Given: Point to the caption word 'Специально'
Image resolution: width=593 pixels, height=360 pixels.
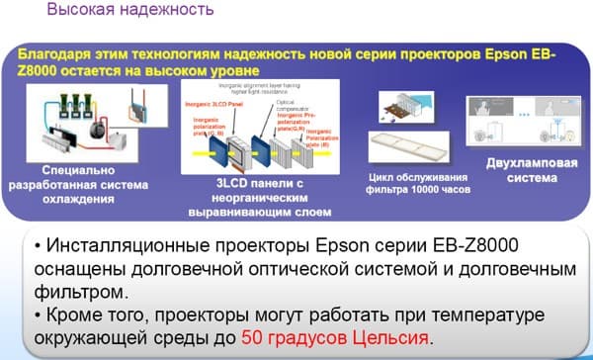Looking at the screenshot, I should [56, 169].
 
